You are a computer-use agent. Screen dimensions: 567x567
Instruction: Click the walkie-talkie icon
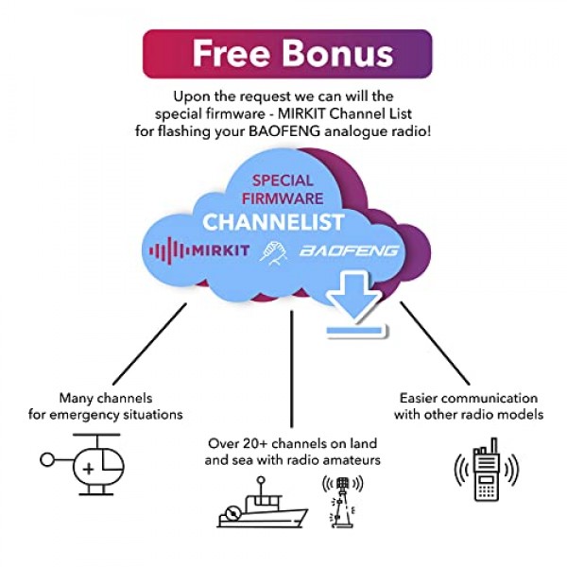(x=486, y=470)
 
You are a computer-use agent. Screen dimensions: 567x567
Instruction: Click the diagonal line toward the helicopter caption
(x=150, y=339)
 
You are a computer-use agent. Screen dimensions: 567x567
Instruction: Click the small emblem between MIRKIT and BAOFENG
(x=271, y=251)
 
